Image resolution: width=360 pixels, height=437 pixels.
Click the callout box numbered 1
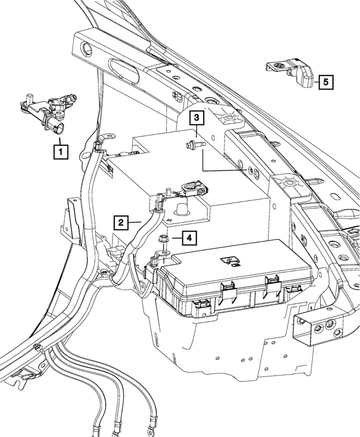coord(60,150)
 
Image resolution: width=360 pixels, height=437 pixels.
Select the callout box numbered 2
coord(120,222)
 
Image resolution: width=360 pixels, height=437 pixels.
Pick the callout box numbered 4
coord(189,238)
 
